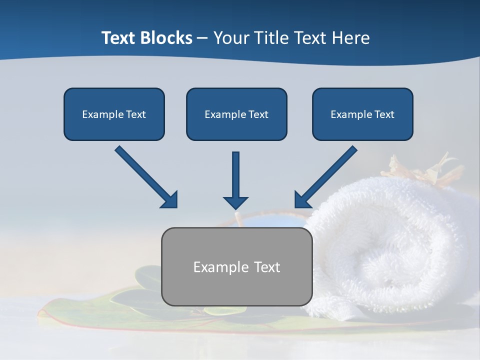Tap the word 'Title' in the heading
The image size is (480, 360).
coord(270,38)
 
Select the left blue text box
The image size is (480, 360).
coord(114,114)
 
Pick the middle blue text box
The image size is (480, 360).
coord(236,114)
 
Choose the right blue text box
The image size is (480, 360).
coord(362,114)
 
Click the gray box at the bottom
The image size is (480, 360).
coord(236,266)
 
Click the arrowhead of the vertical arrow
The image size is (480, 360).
coord(235,202)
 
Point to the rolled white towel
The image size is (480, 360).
coord(390,250)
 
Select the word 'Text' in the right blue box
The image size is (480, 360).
coord(384,114)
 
